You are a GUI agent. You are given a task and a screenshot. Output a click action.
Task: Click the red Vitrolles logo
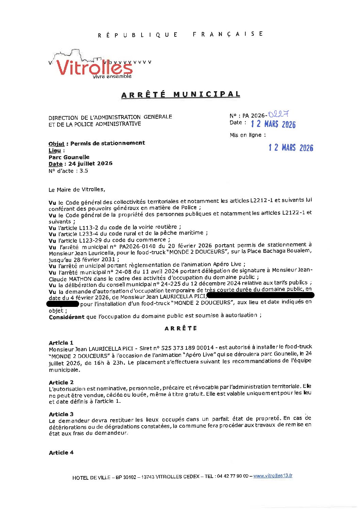coord(94,67)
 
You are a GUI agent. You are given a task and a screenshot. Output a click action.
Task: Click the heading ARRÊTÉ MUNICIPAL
coord(181,94)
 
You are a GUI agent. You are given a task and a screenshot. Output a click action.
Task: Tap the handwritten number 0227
coord(278,114)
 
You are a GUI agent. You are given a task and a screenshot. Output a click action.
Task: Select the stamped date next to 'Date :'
coord(273,124)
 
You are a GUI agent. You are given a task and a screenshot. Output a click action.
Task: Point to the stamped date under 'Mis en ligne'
coord(291,147)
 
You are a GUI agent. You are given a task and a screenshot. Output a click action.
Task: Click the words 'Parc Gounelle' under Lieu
coord(69,157)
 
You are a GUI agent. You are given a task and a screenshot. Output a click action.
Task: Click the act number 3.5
coord(84,171)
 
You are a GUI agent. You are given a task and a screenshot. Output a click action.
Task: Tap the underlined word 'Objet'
coord(56,143)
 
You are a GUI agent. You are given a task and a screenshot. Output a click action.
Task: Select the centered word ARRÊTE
coord(181,328)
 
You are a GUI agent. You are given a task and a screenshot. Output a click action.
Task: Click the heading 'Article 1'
coord(61,343)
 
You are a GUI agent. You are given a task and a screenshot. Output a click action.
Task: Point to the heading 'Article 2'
coord(61,382)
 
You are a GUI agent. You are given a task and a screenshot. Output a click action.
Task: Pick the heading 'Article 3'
coord(61,414)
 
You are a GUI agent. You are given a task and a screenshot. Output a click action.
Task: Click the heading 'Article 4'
coord(61,453)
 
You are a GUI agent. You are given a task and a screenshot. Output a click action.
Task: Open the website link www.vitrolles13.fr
coord(273,476)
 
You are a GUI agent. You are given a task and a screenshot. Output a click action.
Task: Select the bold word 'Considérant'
coord(66,317)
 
